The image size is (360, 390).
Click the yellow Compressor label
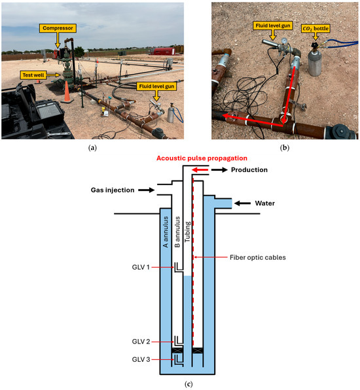click(x=58, y=28)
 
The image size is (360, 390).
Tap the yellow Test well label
click(x=33, y=75)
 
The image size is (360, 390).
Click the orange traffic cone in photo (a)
click(x=67, y=92)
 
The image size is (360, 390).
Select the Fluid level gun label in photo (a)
click(x=156, y=86)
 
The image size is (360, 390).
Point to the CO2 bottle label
click(x=315, y=29)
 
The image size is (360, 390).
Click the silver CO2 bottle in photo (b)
click(x=315, y=62)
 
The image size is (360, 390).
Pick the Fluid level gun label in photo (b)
click(x=273, y=26)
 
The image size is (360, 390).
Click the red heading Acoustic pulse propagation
click(x=202, y=158)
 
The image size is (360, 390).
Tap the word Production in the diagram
click(x=249, y=170)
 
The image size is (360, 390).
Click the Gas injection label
click(x=113, y=190)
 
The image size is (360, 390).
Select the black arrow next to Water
click(x=243, y=204)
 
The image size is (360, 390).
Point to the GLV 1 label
click(x=141, y=267)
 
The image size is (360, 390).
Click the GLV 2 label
click(x=141, y=342)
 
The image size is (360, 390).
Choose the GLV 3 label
click(x=141, y=359)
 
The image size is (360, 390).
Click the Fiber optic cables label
click(x=257, y=257)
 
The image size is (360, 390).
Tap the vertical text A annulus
click(x=166, y=232)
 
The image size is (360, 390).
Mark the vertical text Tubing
click(x=187, y=232)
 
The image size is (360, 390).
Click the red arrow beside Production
click(x=200, y=170)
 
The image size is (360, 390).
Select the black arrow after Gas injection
click(x=146, y=190)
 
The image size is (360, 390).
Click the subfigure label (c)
click(x=189, y=384)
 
